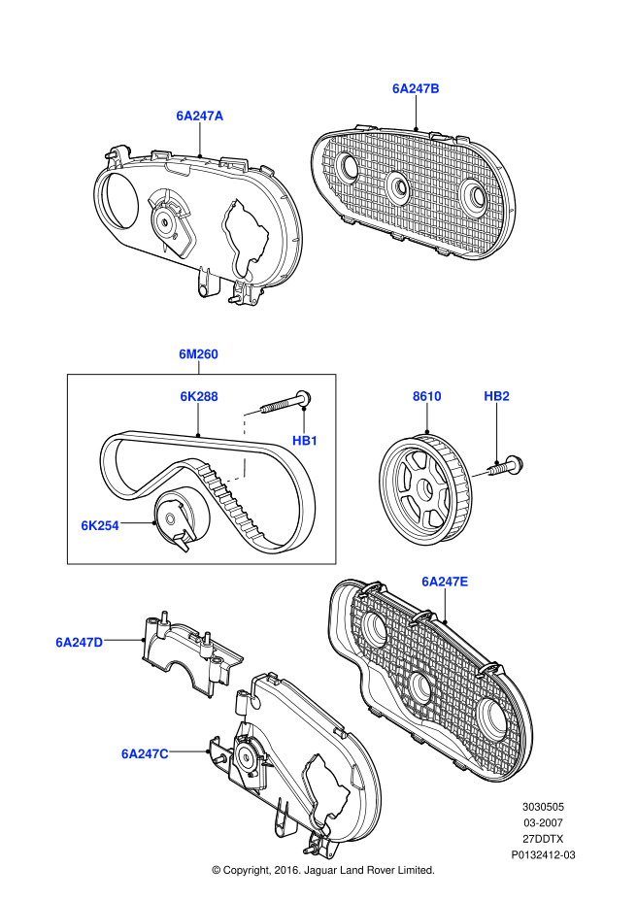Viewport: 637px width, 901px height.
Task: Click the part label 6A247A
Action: tap(199, 116)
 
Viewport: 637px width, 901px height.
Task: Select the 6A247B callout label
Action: tap(416, 88)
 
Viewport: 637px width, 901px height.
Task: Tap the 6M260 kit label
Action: tap(198, 355)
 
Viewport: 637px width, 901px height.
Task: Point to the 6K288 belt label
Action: tap(198, 396)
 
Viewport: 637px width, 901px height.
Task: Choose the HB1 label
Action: tap(306, 441)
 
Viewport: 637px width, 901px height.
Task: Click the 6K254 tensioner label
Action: tap(99, 525)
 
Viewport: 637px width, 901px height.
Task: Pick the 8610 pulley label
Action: tap(426, 396)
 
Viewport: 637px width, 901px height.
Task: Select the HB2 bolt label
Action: tap(497, 396)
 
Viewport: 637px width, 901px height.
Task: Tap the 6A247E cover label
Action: tap(445, 582)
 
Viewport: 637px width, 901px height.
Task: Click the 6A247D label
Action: tap(79, 642)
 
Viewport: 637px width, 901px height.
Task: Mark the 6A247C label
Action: tap(145, 752)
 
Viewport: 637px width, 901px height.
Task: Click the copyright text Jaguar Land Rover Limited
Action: tap(322, 870)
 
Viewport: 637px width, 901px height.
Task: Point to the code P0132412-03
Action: tap(544, 855)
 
